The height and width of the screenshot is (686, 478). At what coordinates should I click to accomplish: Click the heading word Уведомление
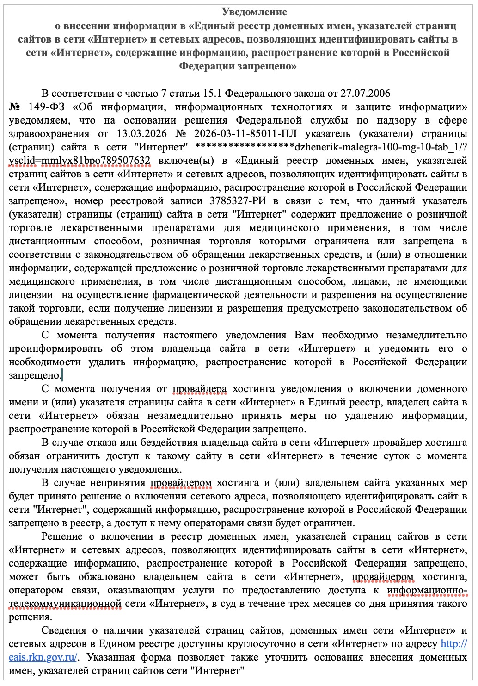[254, 12]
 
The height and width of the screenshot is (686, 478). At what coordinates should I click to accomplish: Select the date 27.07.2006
[365, 94]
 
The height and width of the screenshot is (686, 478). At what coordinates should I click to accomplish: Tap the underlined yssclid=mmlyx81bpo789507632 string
[80, 161]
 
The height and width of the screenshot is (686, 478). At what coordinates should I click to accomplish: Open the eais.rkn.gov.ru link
[43, 657]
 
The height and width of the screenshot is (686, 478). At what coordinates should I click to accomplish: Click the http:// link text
[453, 644]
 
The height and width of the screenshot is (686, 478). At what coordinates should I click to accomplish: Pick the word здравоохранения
[49, 134]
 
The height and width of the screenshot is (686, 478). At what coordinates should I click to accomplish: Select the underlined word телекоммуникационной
[65, 604]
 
